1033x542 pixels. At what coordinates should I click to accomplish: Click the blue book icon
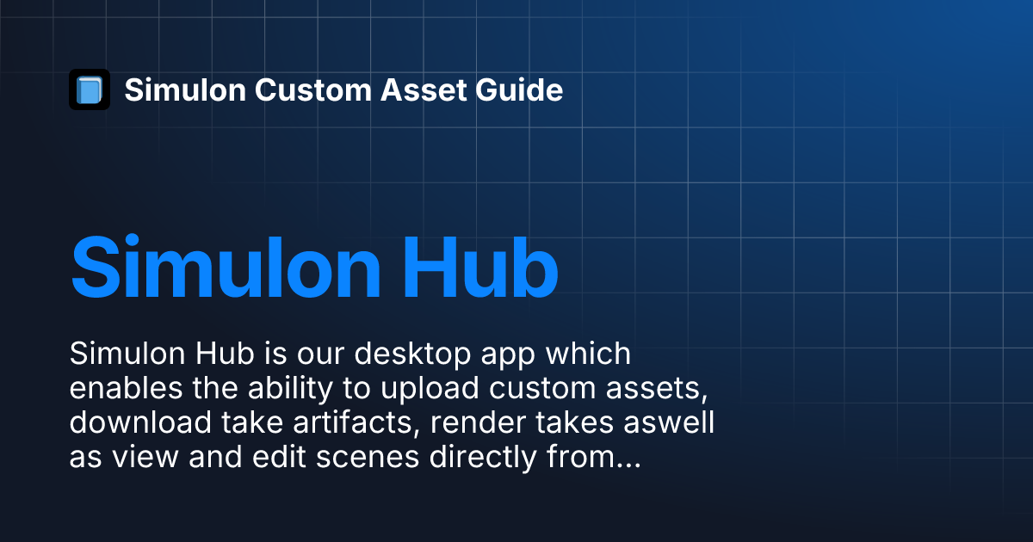pos(90,89)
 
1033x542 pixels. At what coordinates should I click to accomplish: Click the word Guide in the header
pos(519,89)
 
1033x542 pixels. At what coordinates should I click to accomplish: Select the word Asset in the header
pos(424,89)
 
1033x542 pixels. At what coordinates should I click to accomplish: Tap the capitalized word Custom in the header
pos(313,89)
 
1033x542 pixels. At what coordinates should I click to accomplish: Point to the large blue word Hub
pos(480,268)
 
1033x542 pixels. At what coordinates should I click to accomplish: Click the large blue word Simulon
pos(226,268)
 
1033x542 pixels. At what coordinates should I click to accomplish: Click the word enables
pos(126,388)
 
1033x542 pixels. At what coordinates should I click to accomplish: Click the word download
pos(140,422)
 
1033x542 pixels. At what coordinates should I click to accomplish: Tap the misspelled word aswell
pos(669,422)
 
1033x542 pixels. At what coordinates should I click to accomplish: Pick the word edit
pos(279,457)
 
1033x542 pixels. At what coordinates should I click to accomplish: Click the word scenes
pos(368,458)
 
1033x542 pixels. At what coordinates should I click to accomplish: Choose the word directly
pos(483,458)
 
